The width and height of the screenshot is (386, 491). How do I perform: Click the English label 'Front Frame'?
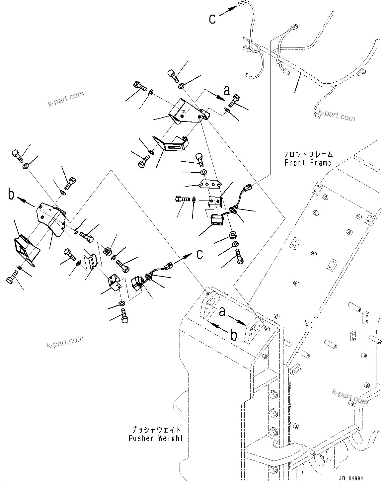tap(308, 163)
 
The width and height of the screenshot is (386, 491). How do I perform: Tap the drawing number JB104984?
tap(351, 479)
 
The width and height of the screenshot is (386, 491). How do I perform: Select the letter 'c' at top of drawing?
tap(212, 19)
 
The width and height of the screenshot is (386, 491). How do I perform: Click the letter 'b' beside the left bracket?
tap(12, 195)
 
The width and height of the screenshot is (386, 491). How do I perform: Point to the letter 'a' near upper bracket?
tap(227, 90)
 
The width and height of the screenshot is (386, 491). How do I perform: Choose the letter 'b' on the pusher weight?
tap(234, 335)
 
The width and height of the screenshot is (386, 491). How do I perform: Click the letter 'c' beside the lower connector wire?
tap(199, 254)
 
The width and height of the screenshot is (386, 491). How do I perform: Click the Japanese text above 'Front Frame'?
tap(308, 154)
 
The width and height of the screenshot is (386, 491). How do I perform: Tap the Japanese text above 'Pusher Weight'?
tap(156, 430)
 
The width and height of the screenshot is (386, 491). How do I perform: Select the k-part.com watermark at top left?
tap(65, 98)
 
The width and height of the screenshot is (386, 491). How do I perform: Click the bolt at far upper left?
tap(17, 154)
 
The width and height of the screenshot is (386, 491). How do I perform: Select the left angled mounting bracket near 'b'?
tap(51, 217)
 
